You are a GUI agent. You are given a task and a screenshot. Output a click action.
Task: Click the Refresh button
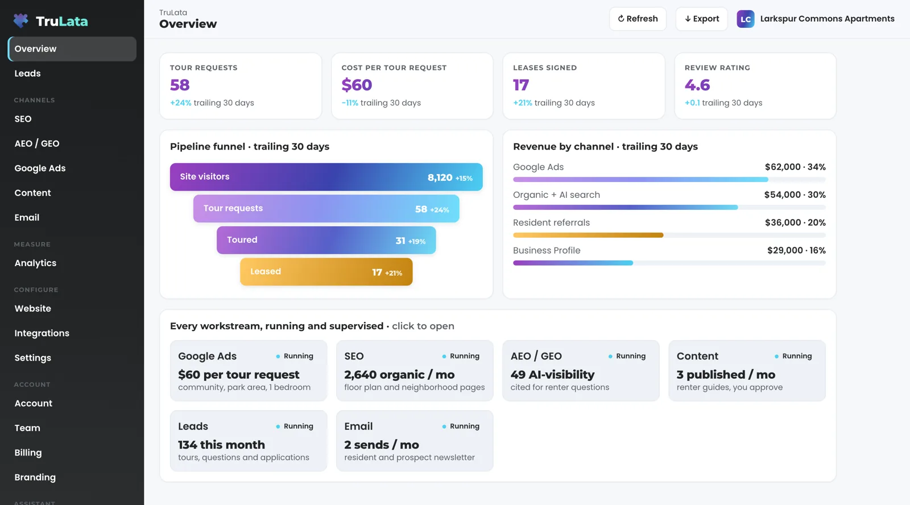[638, 19]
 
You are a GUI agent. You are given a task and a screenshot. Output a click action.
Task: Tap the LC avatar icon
[746, 19]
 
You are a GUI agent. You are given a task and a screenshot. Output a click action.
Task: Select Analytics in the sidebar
[35, 263]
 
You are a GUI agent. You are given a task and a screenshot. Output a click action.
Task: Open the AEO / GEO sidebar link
[37, 143]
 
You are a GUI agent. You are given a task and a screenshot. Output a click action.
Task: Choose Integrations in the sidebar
[42, 333]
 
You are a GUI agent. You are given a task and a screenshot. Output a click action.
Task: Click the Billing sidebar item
[28, 453]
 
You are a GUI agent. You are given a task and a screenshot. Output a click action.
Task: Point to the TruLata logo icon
[20, 20]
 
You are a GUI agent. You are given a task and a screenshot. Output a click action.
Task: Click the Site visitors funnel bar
[326, 177]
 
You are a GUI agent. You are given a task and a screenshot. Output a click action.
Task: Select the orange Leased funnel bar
[326, 272]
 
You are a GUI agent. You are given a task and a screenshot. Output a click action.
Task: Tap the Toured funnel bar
[326, 240]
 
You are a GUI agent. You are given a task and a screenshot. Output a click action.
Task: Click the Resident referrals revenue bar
[588, 235]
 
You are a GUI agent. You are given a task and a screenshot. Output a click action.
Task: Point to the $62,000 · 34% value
[795, 167]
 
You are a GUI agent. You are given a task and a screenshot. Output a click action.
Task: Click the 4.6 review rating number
[697, 85]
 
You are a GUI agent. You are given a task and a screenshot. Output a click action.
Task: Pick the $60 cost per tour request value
[357, 85]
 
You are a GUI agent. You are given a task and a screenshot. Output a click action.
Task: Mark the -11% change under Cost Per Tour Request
[350, 103]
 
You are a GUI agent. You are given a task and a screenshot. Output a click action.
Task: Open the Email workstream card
[415, 441]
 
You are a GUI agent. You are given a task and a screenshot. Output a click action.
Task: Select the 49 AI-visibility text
[552, 375]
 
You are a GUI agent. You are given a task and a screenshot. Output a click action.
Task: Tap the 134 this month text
[221, 445]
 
